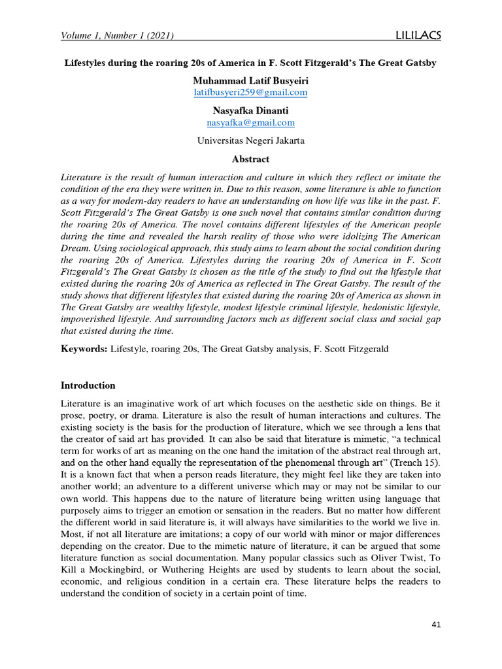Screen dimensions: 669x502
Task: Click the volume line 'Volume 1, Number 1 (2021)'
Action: pos(117,36)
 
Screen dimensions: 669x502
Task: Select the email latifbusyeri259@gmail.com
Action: pos(250,92)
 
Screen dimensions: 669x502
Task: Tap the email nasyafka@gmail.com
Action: pos(250,122)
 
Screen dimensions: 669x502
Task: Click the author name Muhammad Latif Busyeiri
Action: pos(250,80)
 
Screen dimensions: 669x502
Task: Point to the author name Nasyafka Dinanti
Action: pos(250,110)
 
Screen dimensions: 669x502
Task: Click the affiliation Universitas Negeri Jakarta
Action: pos(250,140)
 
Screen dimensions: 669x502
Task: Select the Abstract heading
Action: pos(250,159)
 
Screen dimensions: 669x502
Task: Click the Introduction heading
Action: pos(88,385)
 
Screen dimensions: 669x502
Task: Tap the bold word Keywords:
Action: pos(84,349)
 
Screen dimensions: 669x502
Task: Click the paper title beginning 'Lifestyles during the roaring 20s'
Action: pos(249,63)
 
